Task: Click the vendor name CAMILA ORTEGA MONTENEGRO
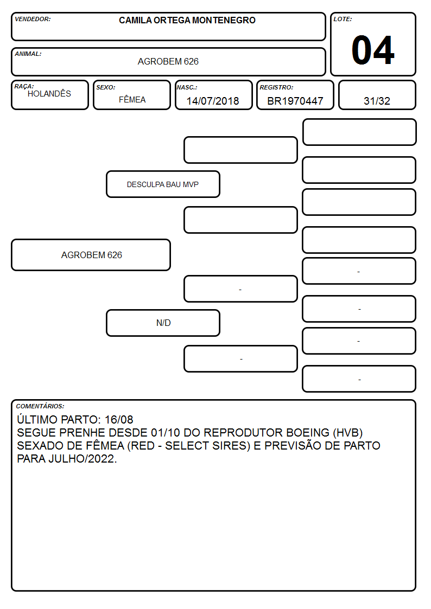tap(187, 20)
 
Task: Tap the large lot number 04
tap(373, 50)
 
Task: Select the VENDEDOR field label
tap(33, 19)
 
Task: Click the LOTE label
tap(343, 19)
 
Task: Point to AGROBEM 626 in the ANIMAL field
tap(168, 61)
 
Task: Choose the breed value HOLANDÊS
tap(49, 93)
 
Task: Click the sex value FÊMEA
tap(132, 99)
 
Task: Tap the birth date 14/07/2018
tap(213, 101)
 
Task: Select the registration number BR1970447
tap(295, 101)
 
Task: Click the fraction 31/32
tap(377, 101)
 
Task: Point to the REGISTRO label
tap(276, 87)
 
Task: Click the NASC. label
tap(187, 87)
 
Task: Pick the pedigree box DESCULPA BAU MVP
tap(163, 184)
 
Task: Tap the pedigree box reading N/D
tap(163, 323)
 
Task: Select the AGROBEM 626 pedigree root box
tap(91, 255)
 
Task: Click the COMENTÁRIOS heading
tap(40, 406)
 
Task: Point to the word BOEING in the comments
tap(308, 433)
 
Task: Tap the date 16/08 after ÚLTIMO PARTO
tap(119, 419)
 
